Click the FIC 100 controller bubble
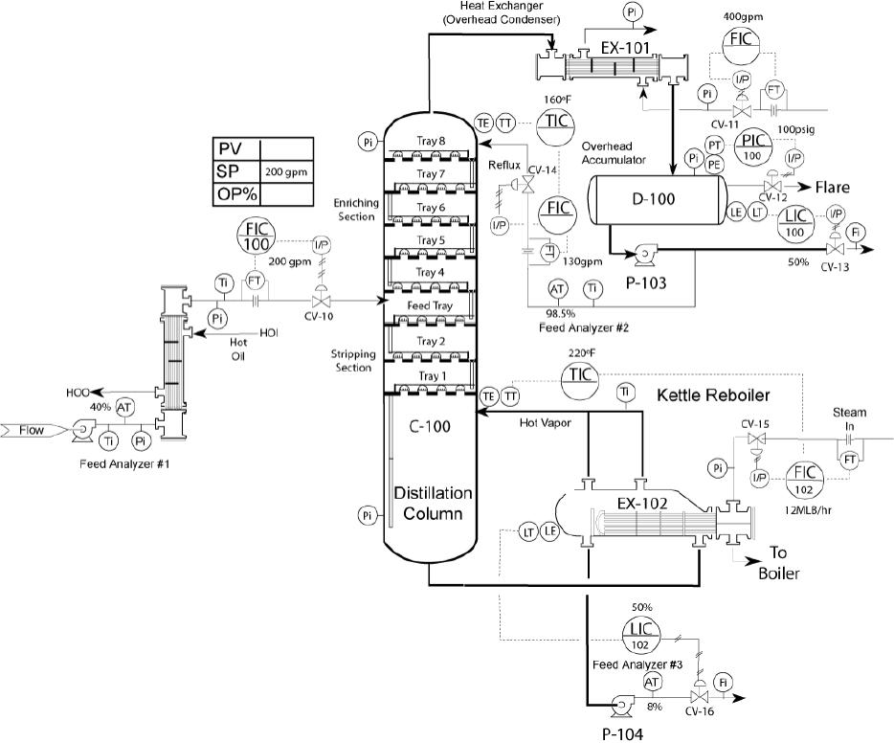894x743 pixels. (256, 236)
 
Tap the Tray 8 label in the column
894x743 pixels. (431, 141)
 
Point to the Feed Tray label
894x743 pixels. (430, 305)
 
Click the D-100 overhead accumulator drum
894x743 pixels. (657, 199)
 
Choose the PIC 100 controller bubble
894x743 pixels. (752, 147)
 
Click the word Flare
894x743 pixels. (832, 187)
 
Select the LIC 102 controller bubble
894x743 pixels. (640, 636)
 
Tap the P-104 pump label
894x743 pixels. (622, 733)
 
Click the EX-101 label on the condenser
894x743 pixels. (625, 48)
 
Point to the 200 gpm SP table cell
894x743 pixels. (286, 171)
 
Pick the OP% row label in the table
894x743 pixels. (237, 194)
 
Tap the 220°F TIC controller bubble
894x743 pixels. (580, 381)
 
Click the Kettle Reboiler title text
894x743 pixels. (713, 395)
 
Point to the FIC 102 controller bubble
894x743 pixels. (804, 480)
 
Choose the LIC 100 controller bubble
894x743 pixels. (795, 223)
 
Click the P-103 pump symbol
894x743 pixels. (644, 255)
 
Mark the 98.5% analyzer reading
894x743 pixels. (561, 314)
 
